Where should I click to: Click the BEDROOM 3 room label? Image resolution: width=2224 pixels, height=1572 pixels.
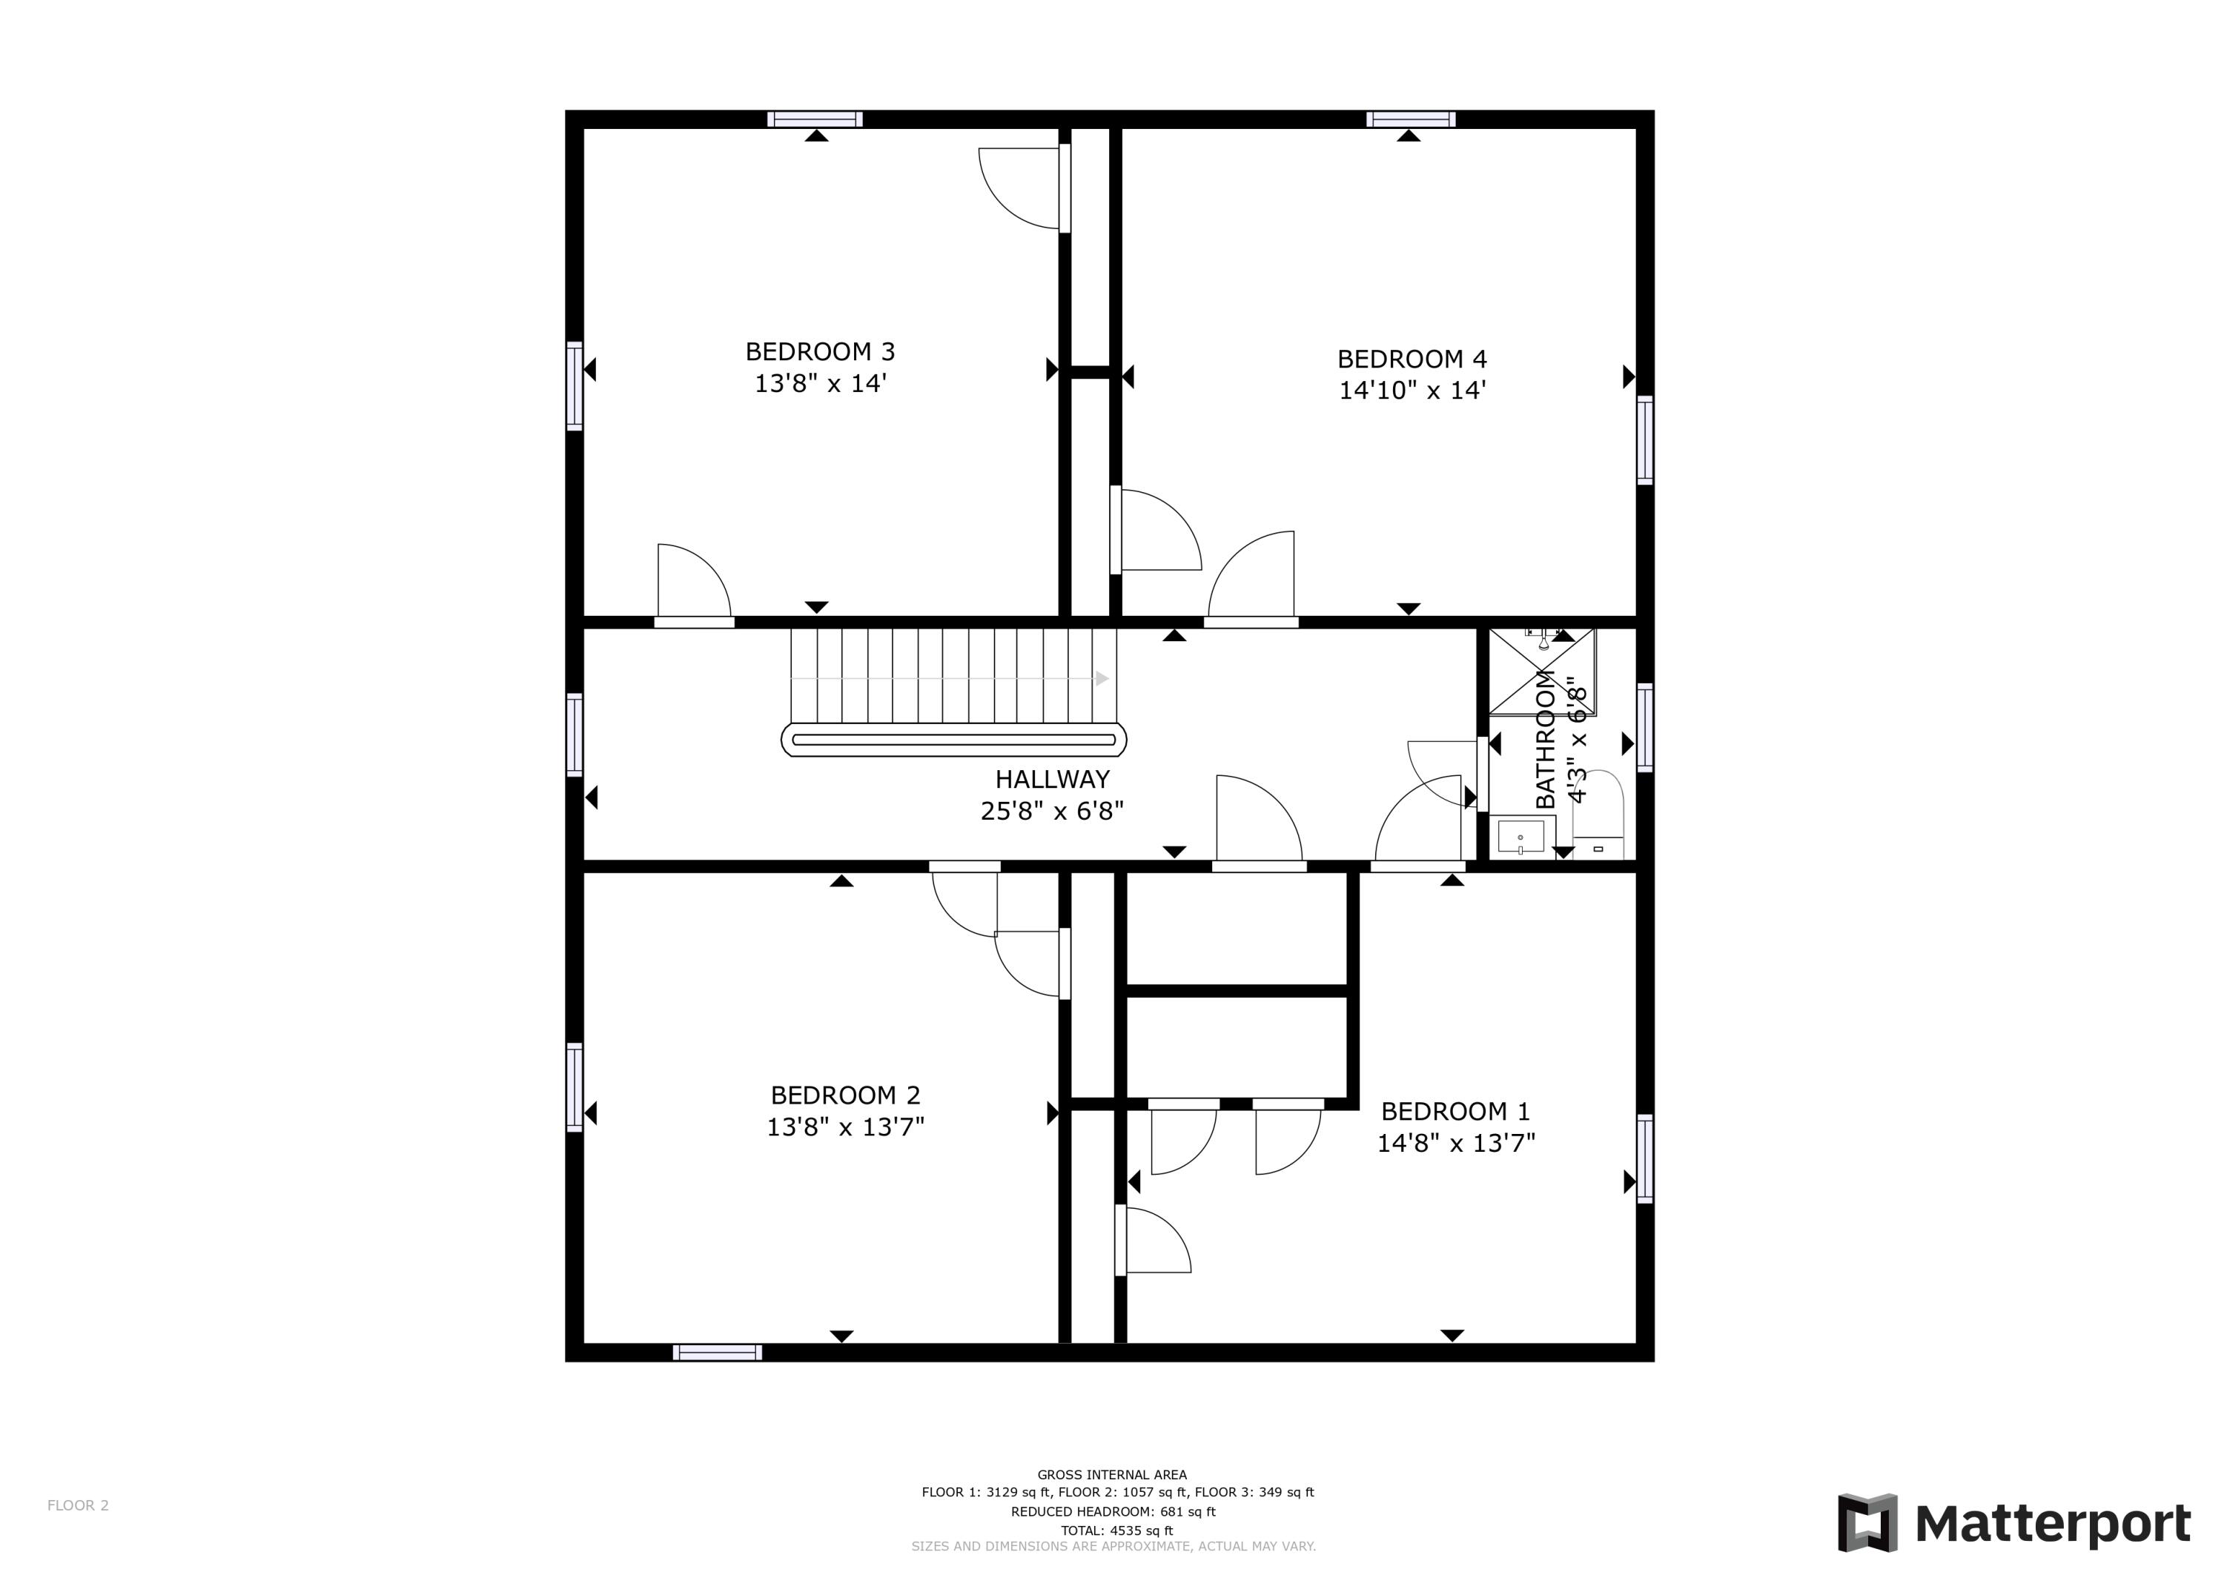(x=819, y=351)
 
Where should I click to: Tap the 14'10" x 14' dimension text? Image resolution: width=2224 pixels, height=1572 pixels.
(x=1411, y=391)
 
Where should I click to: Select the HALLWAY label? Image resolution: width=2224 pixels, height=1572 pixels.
(x=1052, y=779)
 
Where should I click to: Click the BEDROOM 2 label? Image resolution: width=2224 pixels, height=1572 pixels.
(x=844, y=1095)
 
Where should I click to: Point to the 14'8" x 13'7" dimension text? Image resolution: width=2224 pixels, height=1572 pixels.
(x=1456, y=1144)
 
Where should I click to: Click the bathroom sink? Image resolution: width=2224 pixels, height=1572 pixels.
(x=1520, y=837)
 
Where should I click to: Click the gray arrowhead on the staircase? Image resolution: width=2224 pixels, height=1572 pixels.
(x=1102, y=679)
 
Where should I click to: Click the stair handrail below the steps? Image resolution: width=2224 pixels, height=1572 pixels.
(x=953, y=740)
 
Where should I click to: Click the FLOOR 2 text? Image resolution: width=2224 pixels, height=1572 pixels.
(x=78, y=1505)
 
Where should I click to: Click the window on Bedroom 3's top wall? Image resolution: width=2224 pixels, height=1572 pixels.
(x=815, y=119)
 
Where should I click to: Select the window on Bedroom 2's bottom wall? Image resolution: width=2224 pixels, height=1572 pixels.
(x=717, y=1352)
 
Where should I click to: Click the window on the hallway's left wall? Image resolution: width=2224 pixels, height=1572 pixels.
(x=575, y=734)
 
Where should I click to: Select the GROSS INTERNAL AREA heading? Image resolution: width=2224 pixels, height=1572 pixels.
(x=1111, y=1474)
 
